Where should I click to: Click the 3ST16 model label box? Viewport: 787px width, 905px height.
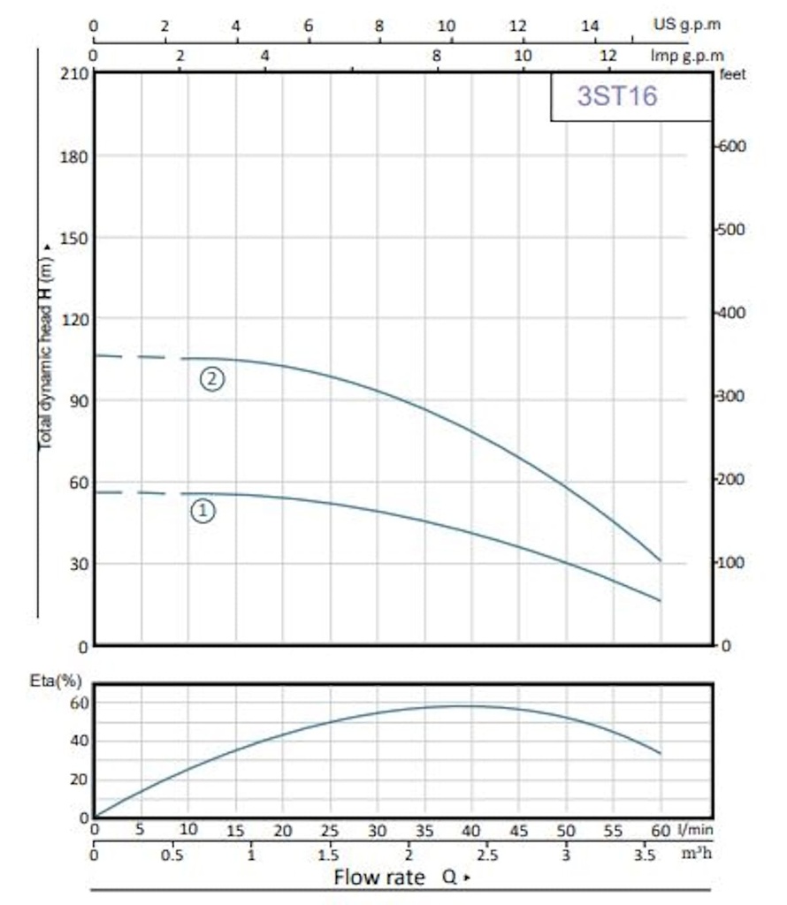[630, 96]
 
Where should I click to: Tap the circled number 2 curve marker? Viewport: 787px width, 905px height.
[212, 379]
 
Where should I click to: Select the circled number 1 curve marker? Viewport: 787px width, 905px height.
[203, 511]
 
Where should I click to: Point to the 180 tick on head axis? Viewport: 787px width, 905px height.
[73, 156]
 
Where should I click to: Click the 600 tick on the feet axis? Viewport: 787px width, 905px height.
[734, 147]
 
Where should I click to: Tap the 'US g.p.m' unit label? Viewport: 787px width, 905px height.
[687, 24]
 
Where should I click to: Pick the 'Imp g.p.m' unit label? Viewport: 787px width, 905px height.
[686, 56]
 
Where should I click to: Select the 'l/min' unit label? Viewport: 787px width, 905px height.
[696, 830]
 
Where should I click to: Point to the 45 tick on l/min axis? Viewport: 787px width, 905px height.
[518, 831]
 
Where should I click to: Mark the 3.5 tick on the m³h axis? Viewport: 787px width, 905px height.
[645, 856]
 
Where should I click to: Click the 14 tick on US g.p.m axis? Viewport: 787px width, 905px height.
[589, 26]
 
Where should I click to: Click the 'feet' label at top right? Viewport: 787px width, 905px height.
[733, 75]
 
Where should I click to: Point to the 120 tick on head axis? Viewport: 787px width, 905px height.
[73, 319]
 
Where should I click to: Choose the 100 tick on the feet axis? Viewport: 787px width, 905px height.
[734, 563]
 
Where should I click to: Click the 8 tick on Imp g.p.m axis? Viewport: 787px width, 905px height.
[437, 56]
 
